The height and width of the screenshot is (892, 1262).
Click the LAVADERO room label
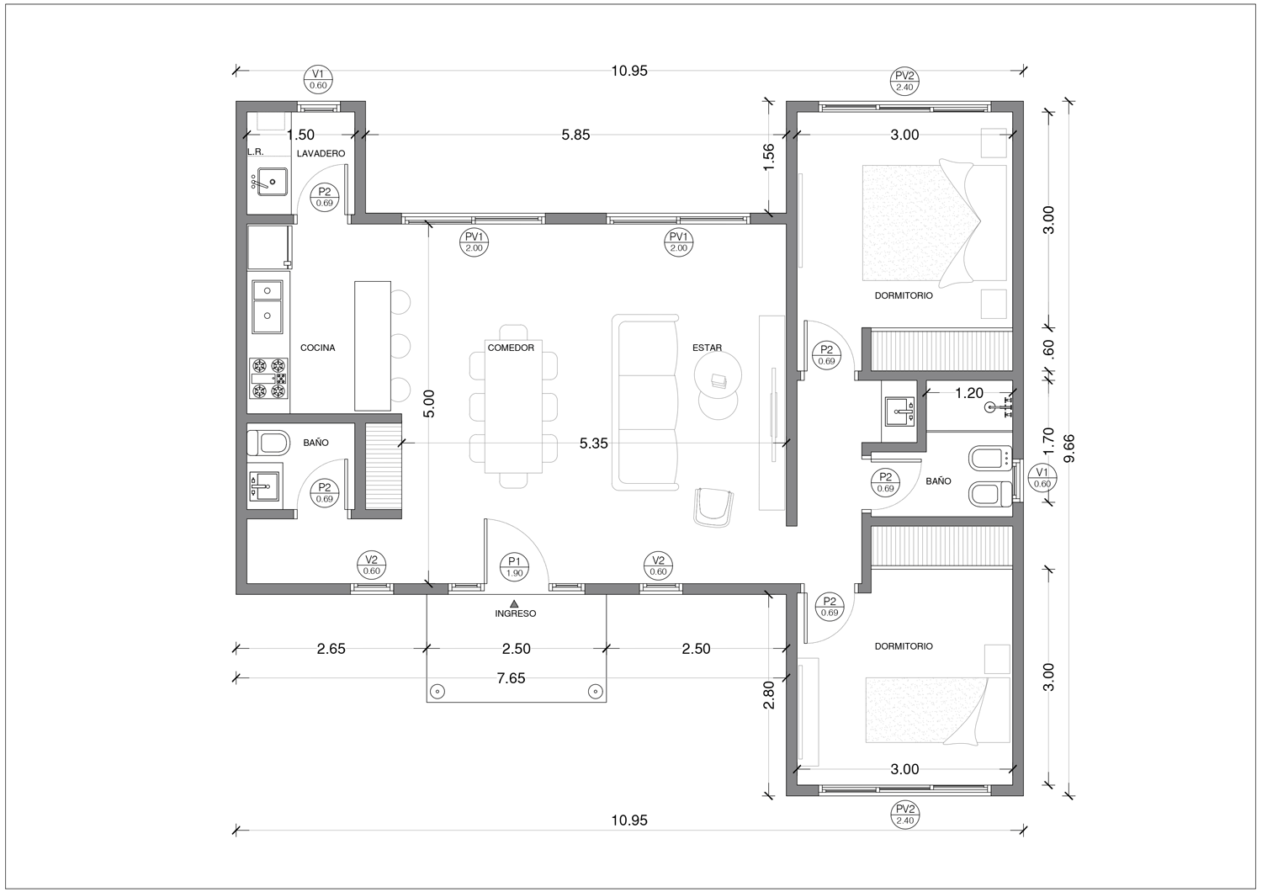click(321, 153)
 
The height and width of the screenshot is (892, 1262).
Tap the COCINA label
click(317, 348)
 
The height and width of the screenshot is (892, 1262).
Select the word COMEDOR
click(511, 348)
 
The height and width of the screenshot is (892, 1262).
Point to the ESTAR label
click(707, 348)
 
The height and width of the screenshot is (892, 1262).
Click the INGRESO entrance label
click(515, 613)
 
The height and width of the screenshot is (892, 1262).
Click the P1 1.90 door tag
click(514, 567)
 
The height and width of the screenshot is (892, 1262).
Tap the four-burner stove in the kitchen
click(268, 378)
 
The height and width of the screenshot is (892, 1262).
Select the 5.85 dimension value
click(575, 135)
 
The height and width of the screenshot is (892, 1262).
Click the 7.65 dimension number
click(511, 678)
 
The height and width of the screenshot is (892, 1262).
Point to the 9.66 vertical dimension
click(1068, 448)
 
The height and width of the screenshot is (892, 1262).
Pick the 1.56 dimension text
click(768, 157)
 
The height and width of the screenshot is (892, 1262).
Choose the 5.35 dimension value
click(594, 443)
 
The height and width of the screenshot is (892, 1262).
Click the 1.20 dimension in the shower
click(969, 393)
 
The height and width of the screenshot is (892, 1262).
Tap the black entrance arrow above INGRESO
click(514, 603)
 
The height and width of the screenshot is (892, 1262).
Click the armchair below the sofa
click(713, 507)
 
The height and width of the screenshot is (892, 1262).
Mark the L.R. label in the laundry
click(255, 152)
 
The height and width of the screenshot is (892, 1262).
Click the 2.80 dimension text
click(768, 695)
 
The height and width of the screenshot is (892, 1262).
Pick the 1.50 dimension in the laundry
click(301, 135)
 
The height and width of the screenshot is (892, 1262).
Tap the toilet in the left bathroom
click(268, 443)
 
